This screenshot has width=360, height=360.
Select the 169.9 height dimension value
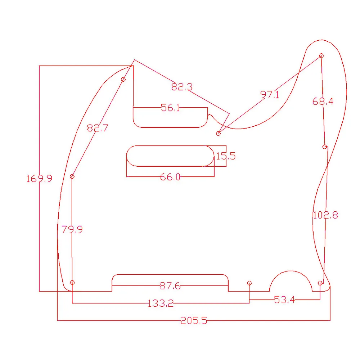39,179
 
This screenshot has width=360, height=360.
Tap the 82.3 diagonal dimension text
182,87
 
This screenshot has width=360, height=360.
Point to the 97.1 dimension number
270,95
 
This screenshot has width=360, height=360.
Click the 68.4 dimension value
323,102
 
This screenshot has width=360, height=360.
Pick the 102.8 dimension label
325,215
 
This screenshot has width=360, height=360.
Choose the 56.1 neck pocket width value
170,108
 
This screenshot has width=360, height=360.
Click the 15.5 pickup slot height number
225,156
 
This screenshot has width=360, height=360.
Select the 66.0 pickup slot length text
170,177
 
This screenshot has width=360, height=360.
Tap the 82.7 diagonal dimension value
97,128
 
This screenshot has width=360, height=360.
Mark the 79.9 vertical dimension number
72,230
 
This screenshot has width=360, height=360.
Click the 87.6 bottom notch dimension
170,286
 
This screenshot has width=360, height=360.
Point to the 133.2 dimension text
161,303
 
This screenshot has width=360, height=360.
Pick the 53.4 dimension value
284,300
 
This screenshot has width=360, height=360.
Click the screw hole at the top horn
321,56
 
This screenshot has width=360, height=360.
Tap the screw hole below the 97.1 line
218,134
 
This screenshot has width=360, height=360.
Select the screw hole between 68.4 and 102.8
325,147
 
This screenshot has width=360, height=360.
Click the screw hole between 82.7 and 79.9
72,176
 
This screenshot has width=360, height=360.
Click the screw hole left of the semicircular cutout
249,283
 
